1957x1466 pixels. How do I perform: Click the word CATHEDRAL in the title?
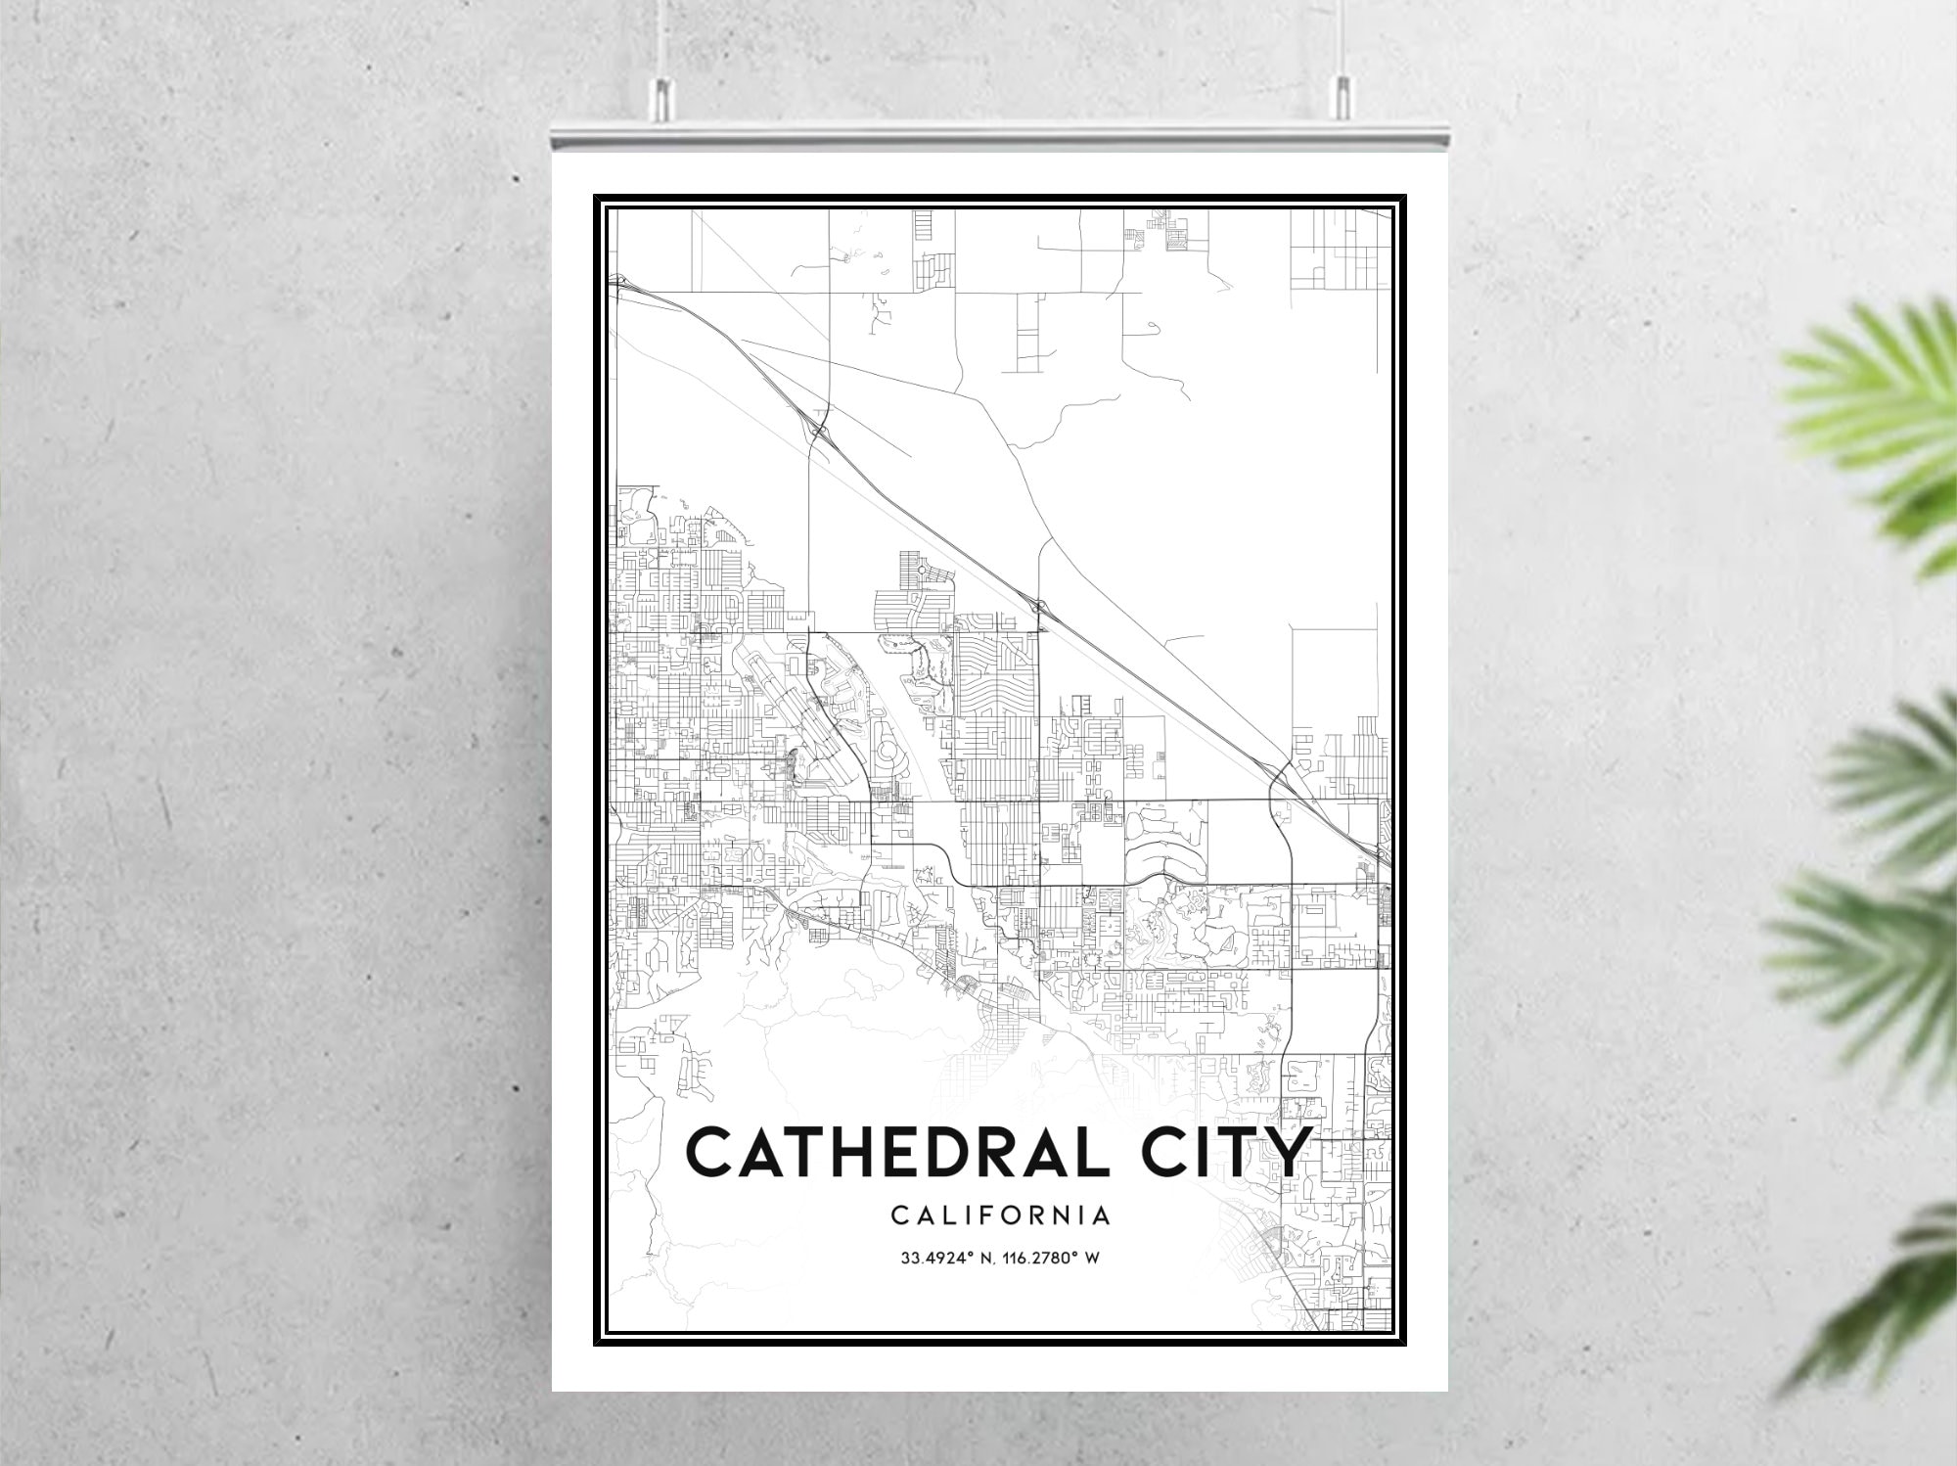pyautogui.click(x=887, y=1153)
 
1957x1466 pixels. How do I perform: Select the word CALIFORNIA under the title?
pyautogui.click(x=1000, y=1215)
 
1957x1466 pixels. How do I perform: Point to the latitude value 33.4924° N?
pyautogui.click(x=945, y=1259)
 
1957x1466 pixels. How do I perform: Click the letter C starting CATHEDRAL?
pyautogui.click(x=711, y=1153)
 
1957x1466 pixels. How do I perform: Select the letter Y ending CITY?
pyautogui.click(x=1285, y=1153)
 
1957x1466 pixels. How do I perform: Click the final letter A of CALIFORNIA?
pyautogui.click(x=1101, y=1215)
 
